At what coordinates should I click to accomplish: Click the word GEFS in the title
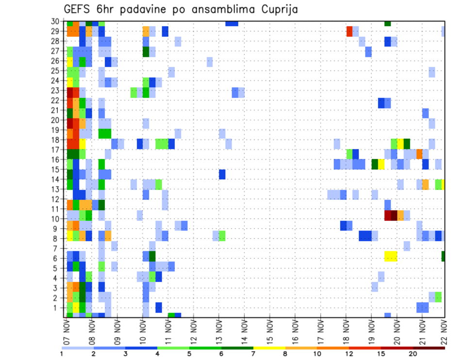(77, 10)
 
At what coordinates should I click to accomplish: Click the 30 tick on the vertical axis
(56, 21)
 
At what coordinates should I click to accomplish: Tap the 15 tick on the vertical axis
(56, 169)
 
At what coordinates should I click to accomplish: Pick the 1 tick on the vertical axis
(58, 307)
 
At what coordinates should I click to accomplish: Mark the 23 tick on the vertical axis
(56, 90)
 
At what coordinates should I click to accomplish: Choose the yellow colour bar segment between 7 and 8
(269, 348)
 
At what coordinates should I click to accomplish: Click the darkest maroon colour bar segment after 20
(429, 348)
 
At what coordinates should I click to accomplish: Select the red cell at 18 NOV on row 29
(349, 32)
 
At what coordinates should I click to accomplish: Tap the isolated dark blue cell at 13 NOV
(222, 174)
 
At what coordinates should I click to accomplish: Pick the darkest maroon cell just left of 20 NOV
(394, 215)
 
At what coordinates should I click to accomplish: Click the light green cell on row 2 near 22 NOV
(439, 296)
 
